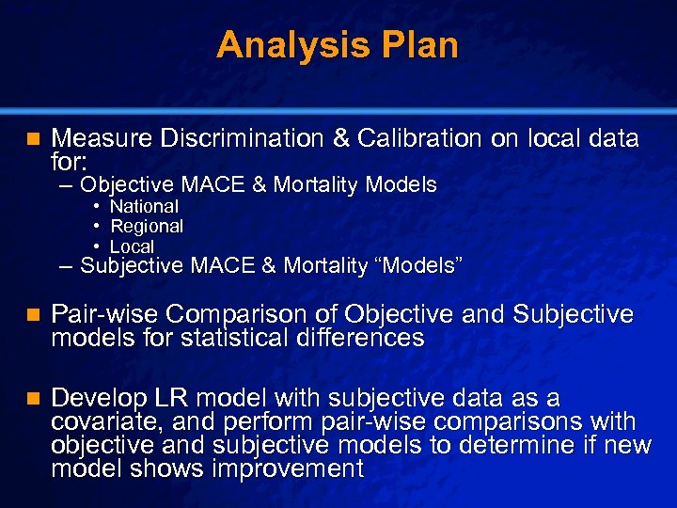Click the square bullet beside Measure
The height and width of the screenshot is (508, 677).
coord(31,139)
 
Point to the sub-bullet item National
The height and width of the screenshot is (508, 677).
coord(144,206)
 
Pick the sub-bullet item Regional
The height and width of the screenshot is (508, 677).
coord(147,227)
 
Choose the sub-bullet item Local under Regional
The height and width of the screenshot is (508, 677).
coord(132,246)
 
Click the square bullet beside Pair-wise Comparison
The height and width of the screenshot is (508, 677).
coord(31,314)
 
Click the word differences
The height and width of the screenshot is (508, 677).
coord(368,338)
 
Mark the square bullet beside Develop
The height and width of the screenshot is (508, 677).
coord(31,398)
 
